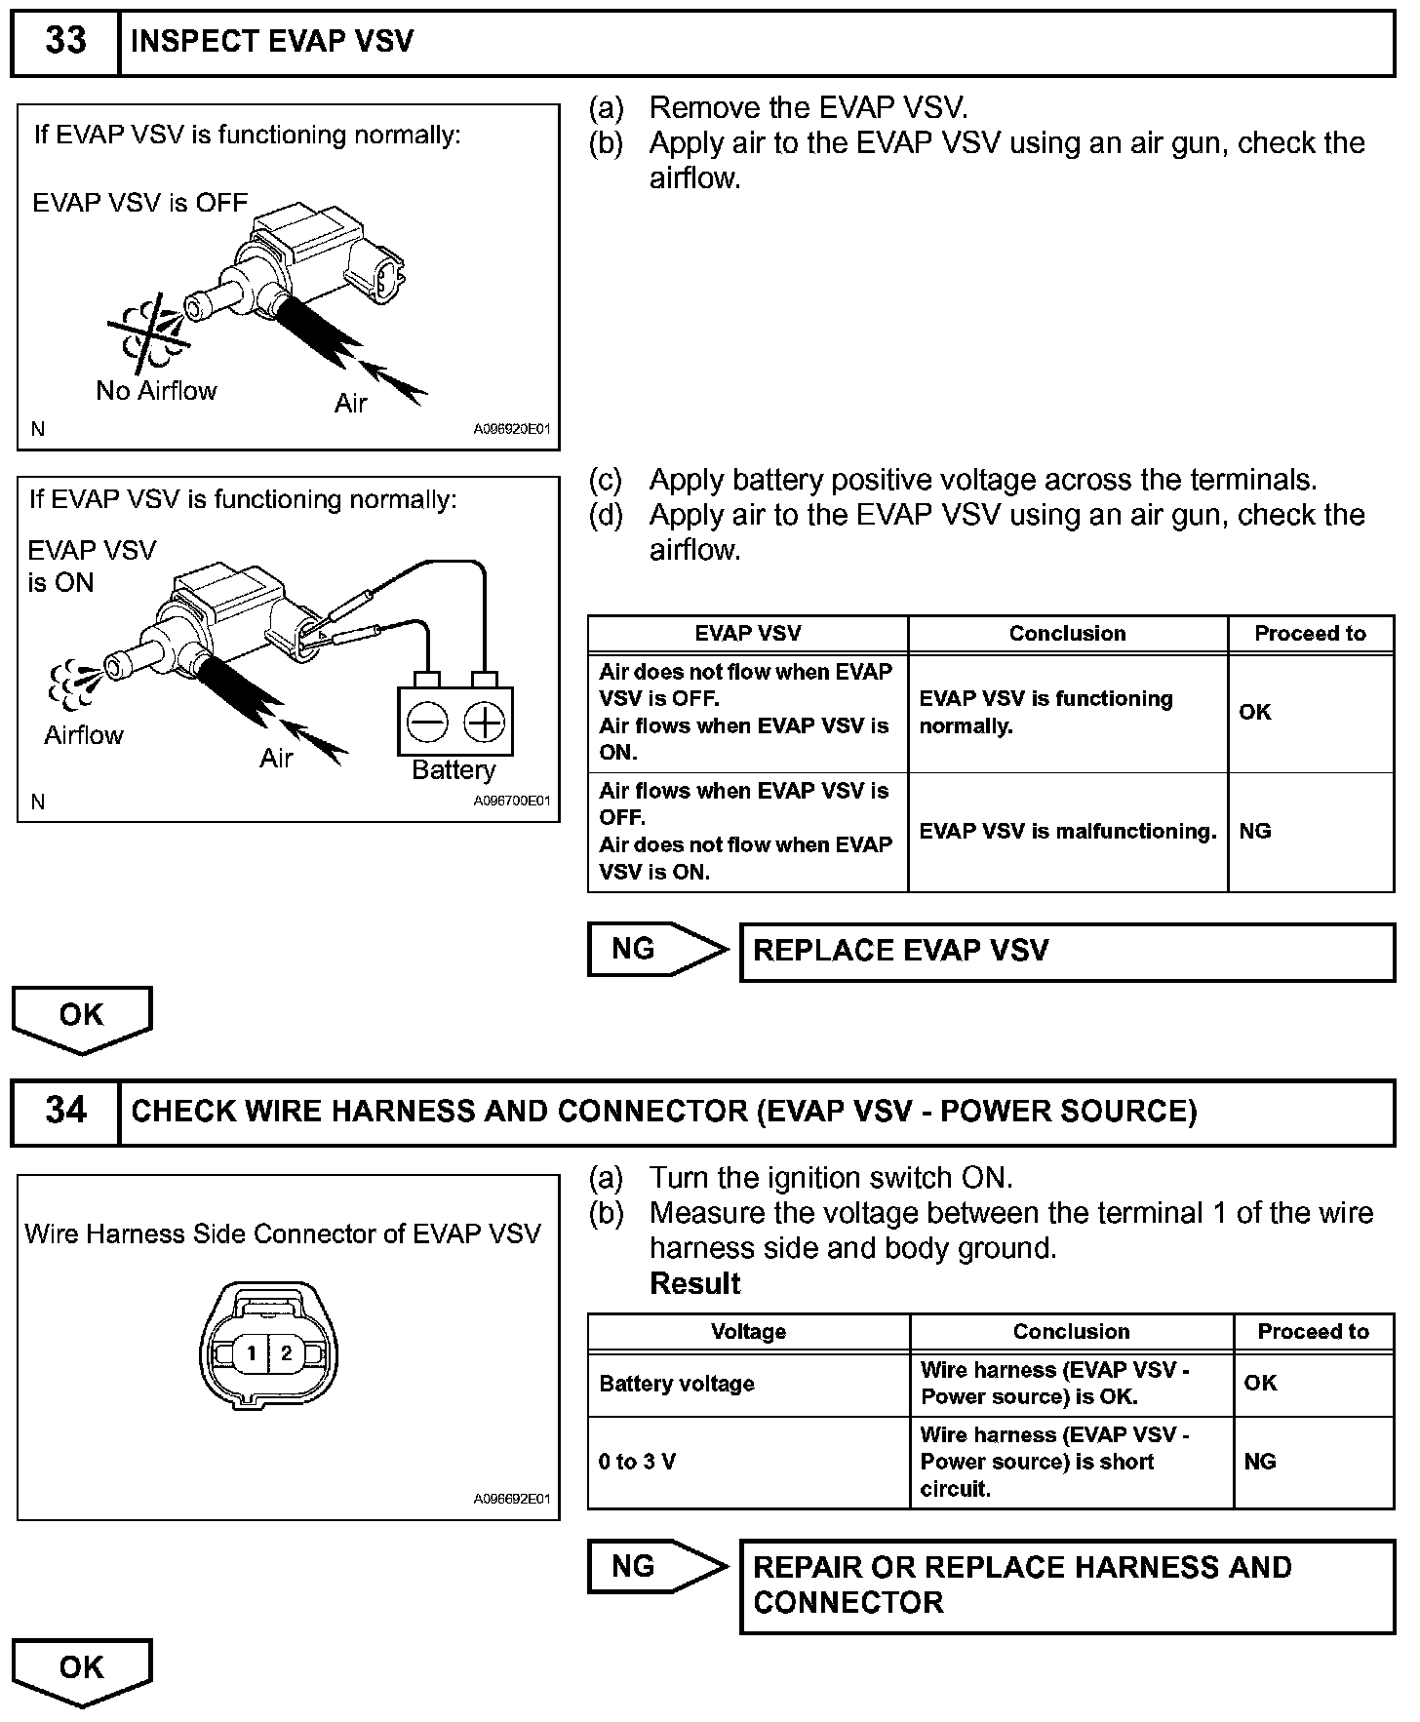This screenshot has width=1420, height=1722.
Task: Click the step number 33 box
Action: pyautogui.click(x=65, y=42)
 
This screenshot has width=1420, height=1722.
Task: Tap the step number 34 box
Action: pyautogui.click(x=65, y=1111)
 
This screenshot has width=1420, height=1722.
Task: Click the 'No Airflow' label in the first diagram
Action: pyautogui.click(x=156, y=391)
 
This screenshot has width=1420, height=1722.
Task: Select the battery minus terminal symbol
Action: pyautogui.click(x=427, y=724)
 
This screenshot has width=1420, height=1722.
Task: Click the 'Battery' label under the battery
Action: pyautogui.click(x=454, y=770)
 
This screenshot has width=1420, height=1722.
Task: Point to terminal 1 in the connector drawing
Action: pyautogui.click(x=252, y=1352)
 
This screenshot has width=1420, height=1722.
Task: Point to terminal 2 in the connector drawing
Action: pyautogui.click(x=286, y=1352)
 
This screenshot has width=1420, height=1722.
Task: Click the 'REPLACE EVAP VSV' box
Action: pyautogui.click(x=1067, y=951)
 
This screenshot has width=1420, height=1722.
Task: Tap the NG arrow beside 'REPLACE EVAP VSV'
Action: pyautogui.click(x=656, y=949)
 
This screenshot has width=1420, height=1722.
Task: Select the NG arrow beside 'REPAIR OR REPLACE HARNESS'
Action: pyautogui.click(x=656, y=1566)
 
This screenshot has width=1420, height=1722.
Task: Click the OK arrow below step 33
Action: pyautogui.click(x=82, y=1017)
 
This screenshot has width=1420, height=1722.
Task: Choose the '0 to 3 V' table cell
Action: pyautogui.click(x=748, y=1462)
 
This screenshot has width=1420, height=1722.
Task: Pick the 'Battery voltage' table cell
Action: pyautogui.click(x=748, y=1384)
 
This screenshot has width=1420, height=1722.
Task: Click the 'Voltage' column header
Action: pyautogui.click(x=748, y=1331)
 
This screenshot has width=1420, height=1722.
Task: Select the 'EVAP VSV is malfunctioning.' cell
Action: pyautogui.click(x=1068, y=832)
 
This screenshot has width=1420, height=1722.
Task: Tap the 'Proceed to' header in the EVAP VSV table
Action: pyautogui.click(x=1310, y=634)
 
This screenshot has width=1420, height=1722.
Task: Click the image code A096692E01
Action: pyautogui.click(x=512, y=1499)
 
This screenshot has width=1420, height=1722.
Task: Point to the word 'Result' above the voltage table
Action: pyautogui.click(x=695, y=1283)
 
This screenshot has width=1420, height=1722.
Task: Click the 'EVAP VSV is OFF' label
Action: pyautogui.click(x=140, y=203)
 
